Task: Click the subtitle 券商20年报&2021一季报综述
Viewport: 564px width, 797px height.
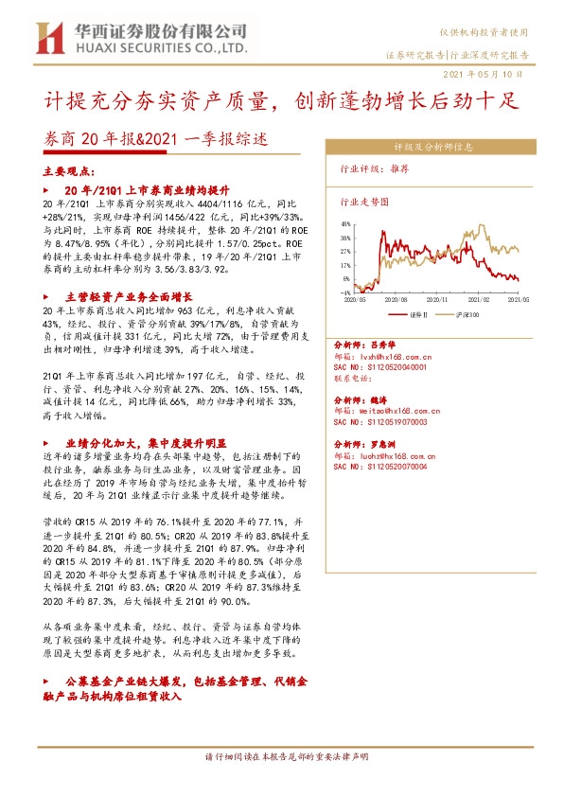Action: (x=156, y=138)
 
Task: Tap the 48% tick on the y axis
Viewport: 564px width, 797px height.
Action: (x=345, y=224)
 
